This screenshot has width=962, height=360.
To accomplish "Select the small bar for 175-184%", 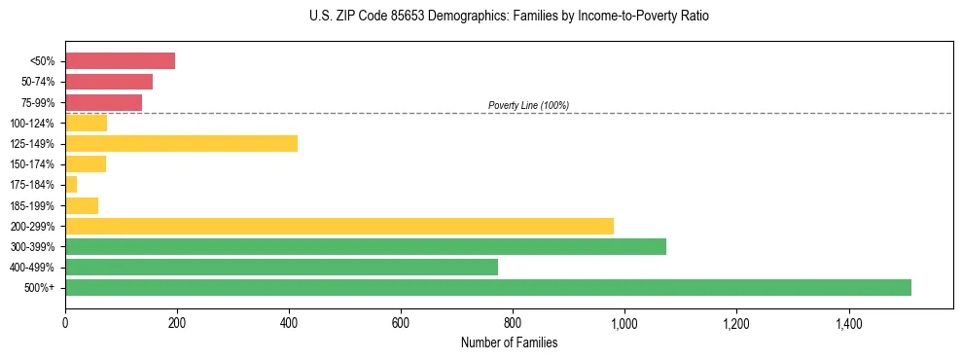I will (x=71, y=185).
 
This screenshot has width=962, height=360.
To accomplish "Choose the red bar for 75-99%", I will (x=103, y=102).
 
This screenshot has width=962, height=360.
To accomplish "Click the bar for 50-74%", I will (x=109, y=82).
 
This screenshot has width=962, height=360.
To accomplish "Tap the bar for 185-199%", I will (x=82, y=205).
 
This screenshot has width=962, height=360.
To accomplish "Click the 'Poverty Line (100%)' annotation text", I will (x=528, y=105).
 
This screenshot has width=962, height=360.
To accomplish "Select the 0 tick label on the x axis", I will (x=65, y=324).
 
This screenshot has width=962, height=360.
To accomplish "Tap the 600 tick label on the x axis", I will (x=401, y=324).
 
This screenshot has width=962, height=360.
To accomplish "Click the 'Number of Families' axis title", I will (x=509, y=342).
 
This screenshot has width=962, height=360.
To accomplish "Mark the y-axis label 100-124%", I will (x=32, y=124).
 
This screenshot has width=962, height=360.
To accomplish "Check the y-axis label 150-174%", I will (x=32, y=164).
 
